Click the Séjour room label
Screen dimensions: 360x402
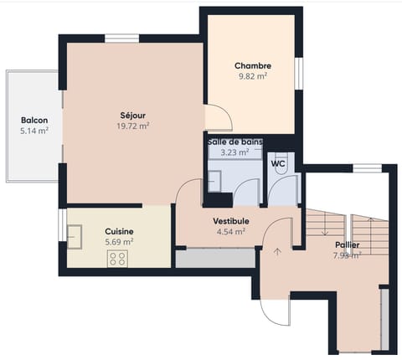click(133, 115)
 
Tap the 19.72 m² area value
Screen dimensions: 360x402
click(133, 126)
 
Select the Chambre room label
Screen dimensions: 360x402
click(252, 65)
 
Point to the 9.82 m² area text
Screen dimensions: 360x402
click(252, 76)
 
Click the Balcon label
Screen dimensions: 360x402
click(33, 120)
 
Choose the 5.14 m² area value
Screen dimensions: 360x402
click(33, 131)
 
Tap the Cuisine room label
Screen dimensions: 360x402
click(119, 231)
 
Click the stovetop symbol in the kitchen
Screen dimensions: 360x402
click(116, 259)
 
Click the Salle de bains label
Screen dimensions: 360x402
click(234, 142)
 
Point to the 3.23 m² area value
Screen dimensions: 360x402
click(234, 152)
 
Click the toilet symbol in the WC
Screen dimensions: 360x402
click(282, 166)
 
